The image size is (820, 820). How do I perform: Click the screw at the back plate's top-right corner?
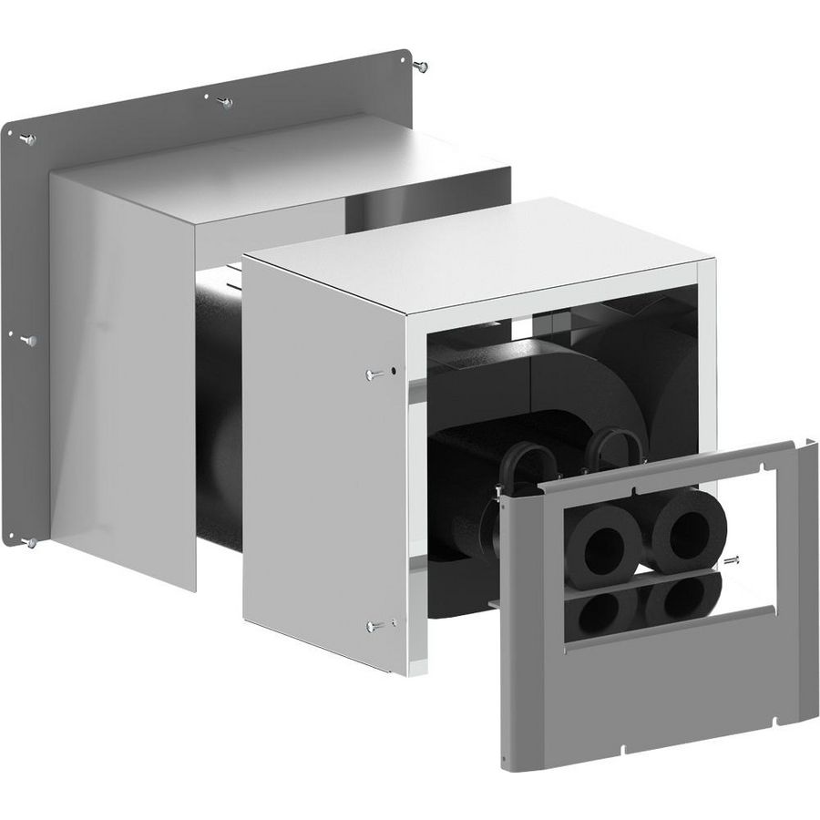tap(420, 65)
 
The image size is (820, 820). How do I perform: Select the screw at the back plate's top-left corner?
tap(27, 138)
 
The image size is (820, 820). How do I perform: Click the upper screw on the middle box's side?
tap(374, 374)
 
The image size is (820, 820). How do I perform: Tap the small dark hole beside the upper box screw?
tap(392, 371)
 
